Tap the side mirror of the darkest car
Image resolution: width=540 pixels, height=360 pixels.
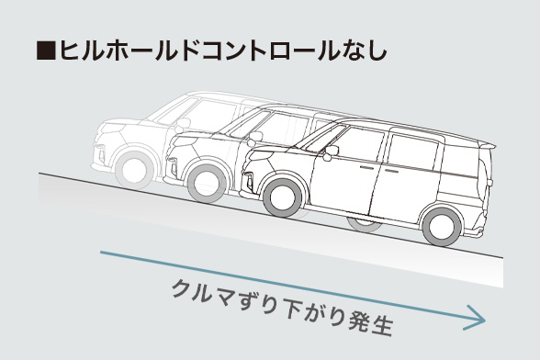point(331,151)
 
